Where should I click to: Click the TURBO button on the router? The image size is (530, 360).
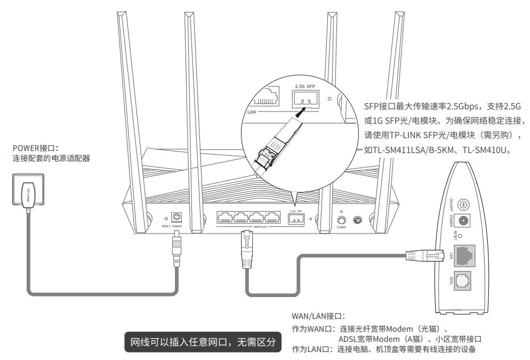(x=341, y=220)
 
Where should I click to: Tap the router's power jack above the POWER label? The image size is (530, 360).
(x=176, y=218)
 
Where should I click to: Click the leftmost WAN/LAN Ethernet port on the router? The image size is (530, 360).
(x=225, y=218)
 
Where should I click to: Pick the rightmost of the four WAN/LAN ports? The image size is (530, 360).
(x=272, y=218)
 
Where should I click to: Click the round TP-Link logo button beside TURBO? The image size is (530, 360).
(x=357, y=220)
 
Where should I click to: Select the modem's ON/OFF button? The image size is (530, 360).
(x=463, y=204)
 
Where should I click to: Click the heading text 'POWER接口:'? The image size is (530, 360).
(x=35, y=147)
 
